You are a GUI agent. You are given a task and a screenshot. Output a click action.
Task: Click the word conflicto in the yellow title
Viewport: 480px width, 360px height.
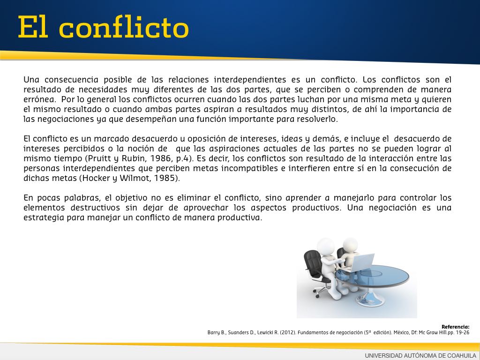coord(124,27)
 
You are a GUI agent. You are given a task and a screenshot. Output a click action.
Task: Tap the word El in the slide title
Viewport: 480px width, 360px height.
coord(33,27)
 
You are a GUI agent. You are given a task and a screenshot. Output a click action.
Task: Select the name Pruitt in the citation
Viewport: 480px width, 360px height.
coord(98,158)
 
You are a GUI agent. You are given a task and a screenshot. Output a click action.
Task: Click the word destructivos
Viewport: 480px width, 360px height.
coord(95,208)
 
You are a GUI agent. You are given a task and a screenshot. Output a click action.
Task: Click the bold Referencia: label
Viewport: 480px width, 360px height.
coord(455,327)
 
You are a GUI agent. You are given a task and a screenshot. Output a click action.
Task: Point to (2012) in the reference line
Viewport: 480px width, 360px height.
coord(288,332)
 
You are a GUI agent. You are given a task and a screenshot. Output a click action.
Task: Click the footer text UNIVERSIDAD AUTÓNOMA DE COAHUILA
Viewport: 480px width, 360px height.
coord(420,355)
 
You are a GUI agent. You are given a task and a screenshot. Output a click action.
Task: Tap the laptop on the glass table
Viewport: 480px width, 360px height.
coord(362,262)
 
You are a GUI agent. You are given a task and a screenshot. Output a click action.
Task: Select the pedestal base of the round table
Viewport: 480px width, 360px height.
coord(370,299)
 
